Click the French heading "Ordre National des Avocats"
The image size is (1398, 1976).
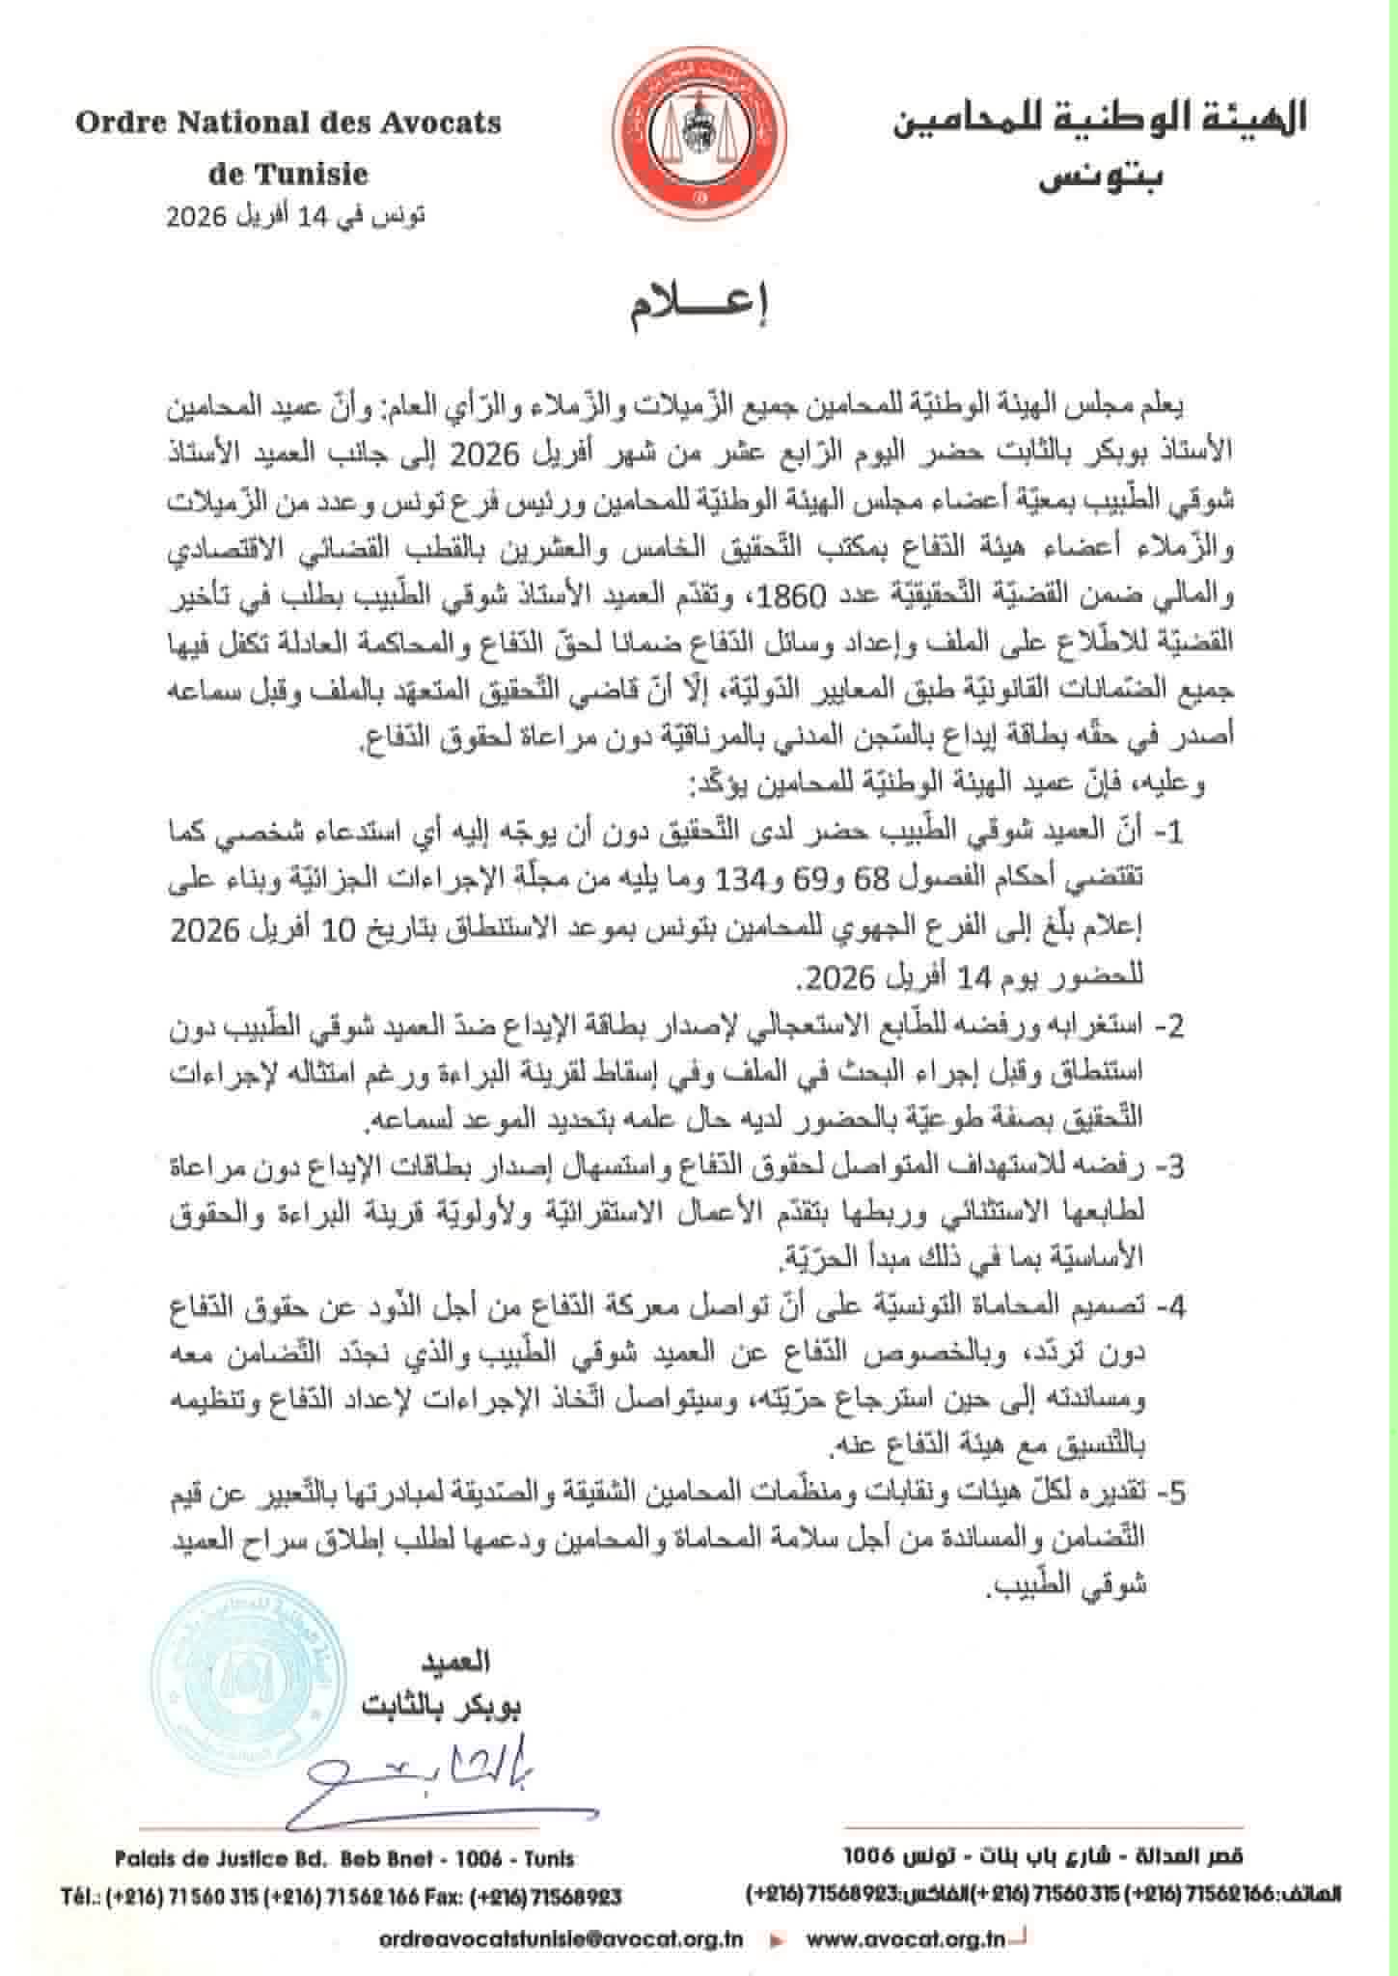[288, 123]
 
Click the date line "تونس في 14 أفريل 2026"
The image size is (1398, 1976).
[295, 215]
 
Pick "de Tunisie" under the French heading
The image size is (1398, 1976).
[288, 175]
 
